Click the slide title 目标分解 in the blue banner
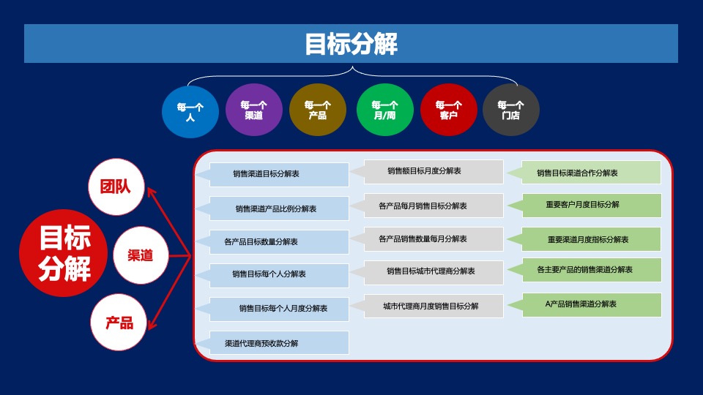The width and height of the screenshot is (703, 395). tap(351, 44)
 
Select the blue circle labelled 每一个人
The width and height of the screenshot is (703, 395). tap(190, 110)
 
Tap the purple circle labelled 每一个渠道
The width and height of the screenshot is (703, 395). tap(253, 110)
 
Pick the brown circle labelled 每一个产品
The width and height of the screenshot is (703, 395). tap(317, 110)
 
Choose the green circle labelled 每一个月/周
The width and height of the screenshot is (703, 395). tap(384, 110)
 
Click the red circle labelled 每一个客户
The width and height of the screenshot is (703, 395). tap(448, 110)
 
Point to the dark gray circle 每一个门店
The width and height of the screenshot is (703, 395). tap(510, 110)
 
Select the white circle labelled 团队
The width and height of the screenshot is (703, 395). tap(116, 187)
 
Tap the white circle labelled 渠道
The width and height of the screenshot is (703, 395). tap(140, 255)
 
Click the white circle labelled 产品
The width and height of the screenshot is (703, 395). tap(119, 321)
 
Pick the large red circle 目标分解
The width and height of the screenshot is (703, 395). tap(64, 254)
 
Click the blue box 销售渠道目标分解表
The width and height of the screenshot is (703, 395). tap(278, 175)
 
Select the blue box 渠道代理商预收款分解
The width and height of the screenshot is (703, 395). tap(278, 343)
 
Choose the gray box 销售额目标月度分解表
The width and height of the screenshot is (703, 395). tap(432, 171)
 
